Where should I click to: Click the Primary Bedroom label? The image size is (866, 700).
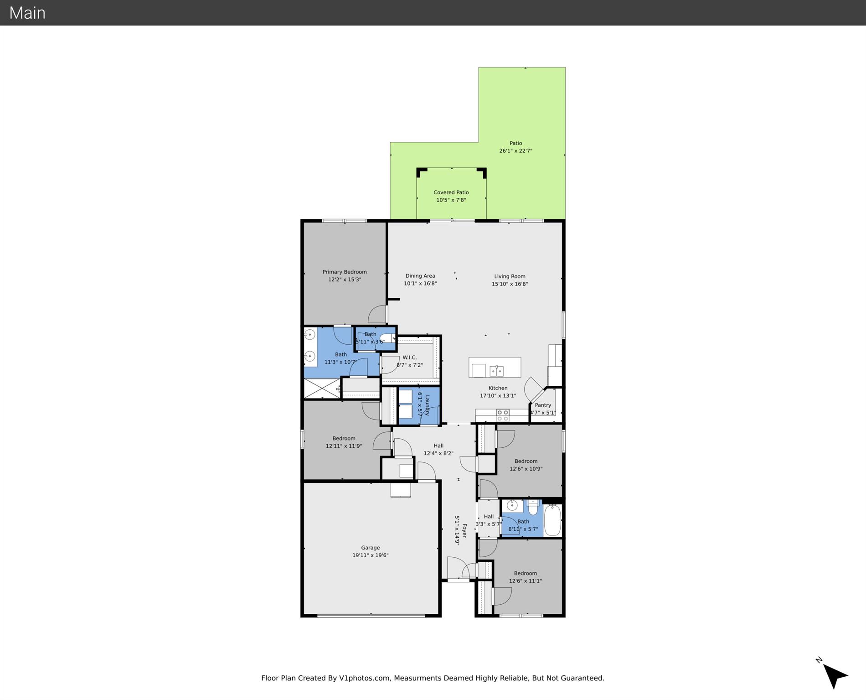(x=345, y=272)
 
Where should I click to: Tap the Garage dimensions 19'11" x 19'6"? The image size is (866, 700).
(x=370, y=555)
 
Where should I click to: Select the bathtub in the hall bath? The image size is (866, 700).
(x=552, y=520)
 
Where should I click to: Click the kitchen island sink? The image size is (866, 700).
(x=496, y=371)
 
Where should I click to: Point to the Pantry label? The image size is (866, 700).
(x=543, y=405)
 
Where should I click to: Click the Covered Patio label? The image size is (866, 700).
(x=451, y=192)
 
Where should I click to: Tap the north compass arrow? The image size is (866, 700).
(x=834, y=676)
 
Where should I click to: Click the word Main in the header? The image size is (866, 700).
(x=27, y=13)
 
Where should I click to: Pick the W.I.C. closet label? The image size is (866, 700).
(x=409, y=358)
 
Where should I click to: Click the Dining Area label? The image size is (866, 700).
(x=420, y=276)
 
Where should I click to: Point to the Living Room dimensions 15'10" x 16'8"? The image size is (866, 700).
(x=510, y=284)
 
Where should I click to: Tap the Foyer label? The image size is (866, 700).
(x=464, y=530)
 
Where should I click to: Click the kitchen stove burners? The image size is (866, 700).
(x=502, y=415)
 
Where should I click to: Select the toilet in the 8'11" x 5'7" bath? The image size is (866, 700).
(x=532, y=507)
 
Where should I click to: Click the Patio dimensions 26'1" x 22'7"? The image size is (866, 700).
(x=515, y=151)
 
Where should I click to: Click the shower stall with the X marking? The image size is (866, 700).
(x=322, y=389)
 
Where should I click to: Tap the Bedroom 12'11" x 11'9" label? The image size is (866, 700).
(x=344, y=439)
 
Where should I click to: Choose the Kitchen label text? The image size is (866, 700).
(x=498, y=388)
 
